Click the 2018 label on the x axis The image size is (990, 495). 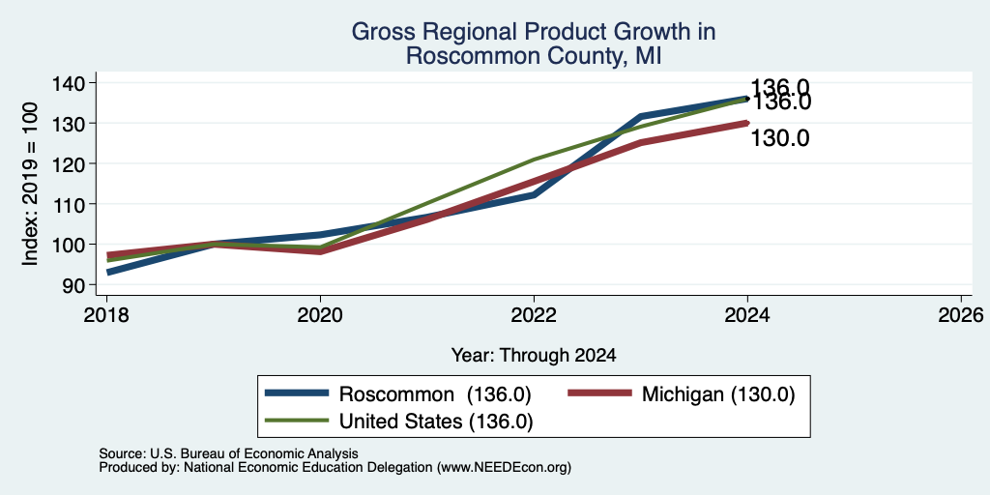pyautogui.click(x=106, y=314)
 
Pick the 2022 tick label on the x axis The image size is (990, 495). pyautogui.click(x=534, y=314)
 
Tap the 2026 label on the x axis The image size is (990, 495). pyautogui.click(x=961, y=314)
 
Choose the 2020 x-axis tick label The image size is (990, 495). pyautogui.click(x=320, y=314)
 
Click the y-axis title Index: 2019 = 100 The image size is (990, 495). pyautogui.click(x=31, y=184)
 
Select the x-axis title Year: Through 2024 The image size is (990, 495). pyautogui.click(x=534, y=356)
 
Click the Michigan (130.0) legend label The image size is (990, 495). pyautogui.click(x=718, y=394)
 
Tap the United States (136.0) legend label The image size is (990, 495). pyautogui.click(x=436, y=422)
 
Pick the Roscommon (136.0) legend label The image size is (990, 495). pyautogui.click(x=435, y=394)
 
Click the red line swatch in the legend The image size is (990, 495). pyautogui.click(x=599, y=393)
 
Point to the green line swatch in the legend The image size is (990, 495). pyautogui.click(x=297, y=421)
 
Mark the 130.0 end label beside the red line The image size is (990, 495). pyautogui.click(x=780, y=138)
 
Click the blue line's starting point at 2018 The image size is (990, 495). pyautogui.click(x=108, y=272)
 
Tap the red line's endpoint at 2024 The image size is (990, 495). pyautogui.click(x=747, y=123)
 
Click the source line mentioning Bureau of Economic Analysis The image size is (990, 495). pyautogui.click(x=228, y=453)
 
